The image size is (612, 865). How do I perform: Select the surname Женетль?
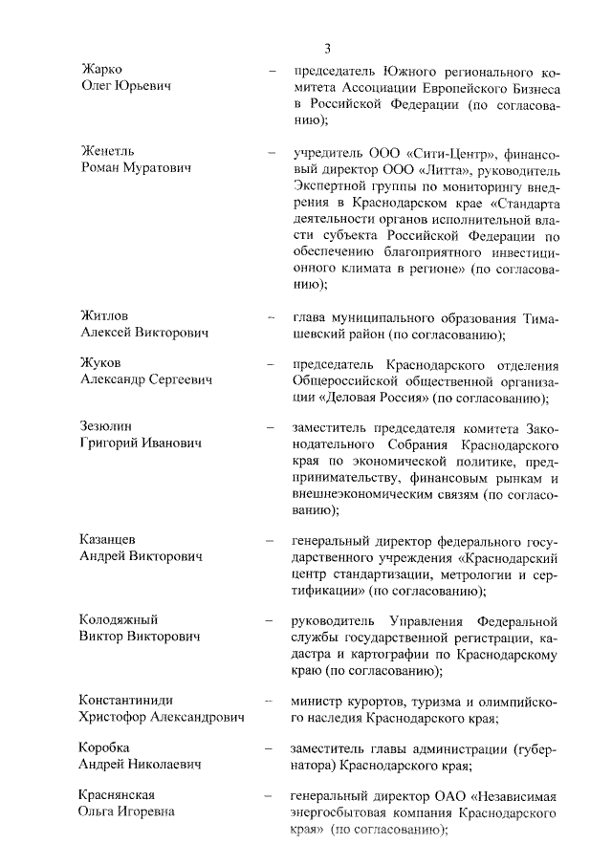point(106,151)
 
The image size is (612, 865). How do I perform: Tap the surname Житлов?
point(104,315)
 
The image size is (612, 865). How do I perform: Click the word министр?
point(319,699)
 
